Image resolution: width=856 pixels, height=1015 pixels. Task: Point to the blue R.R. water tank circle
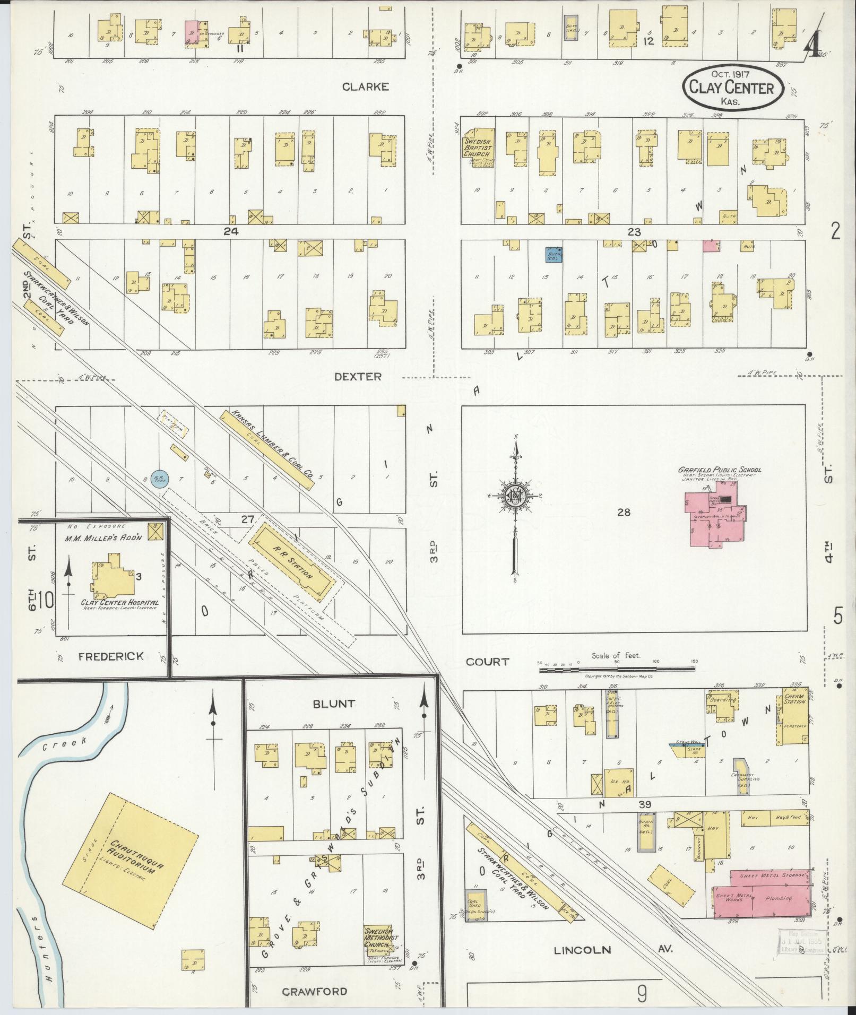(x=160, y=479)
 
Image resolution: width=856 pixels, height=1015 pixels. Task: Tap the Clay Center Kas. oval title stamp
(x=732, y=88)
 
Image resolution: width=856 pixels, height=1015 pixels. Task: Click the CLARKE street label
(x=365, y=87)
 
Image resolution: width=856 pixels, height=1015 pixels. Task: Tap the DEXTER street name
(x=358, y=376)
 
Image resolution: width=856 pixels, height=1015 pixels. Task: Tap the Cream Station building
(x=794, y=716)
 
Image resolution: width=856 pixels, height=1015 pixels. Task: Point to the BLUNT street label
(x=333, y=704)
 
